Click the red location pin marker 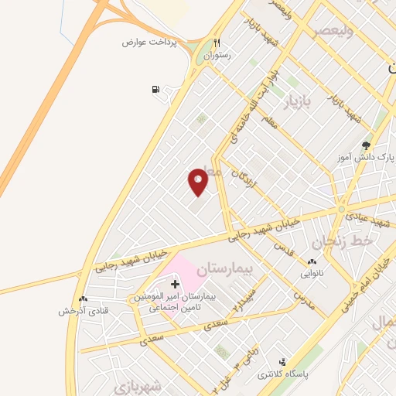[198, 181]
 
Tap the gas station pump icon [158, 90]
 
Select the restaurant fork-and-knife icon [217, 43]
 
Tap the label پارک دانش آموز [368, 156]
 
